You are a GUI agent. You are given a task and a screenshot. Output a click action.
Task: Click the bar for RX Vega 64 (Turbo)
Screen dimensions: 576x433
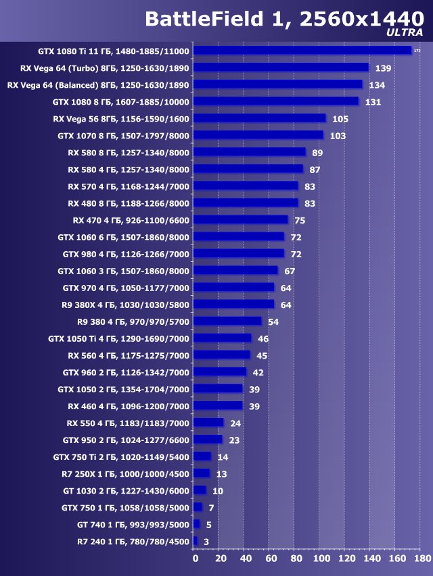[281, 68]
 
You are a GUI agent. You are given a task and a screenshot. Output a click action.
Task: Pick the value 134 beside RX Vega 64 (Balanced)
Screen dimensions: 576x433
[377, 84]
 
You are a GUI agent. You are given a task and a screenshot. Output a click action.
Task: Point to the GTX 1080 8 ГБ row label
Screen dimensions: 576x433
[121, 101]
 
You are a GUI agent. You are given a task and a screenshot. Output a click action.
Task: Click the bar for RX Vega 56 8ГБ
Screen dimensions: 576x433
[259, 118]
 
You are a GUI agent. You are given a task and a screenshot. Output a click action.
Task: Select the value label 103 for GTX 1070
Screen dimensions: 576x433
[338, 136]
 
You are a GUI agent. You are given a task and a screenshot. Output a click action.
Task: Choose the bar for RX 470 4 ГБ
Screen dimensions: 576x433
[240, 220]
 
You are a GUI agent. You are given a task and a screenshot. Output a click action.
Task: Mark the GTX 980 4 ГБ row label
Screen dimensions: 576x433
[126, 254]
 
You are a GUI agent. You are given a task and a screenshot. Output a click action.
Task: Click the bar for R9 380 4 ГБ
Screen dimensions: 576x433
[227, 321]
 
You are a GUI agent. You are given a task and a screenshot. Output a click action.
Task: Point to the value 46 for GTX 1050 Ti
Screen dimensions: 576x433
[263, 338]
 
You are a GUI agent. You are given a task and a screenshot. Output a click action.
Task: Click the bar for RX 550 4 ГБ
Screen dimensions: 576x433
[208, 423]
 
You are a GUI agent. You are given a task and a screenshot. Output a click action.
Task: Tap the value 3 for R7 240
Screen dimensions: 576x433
[206, 542]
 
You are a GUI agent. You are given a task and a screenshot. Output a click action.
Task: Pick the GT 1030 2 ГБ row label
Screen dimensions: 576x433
[126, 491]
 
